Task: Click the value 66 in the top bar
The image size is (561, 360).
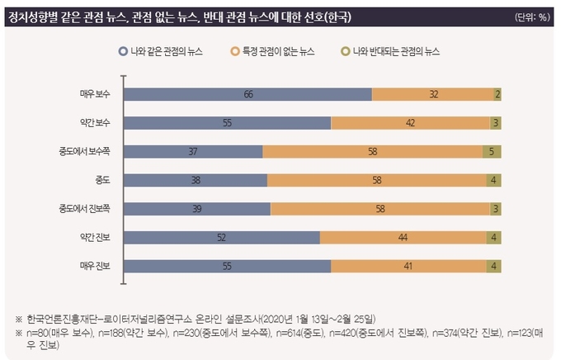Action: (x=247, y=94)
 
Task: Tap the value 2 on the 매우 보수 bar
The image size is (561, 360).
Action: (x=497, y=94)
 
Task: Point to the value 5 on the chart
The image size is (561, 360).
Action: (x=490, y=152)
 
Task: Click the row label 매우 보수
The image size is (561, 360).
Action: (x=96, y=94)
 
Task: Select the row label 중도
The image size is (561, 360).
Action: (x=103, y=180)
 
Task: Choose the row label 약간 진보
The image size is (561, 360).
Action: (x=96, y=238)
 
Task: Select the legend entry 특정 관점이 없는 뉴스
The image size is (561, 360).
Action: (x=284, y=51)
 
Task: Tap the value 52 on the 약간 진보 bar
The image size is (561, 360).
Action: (x=221, y=238)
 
